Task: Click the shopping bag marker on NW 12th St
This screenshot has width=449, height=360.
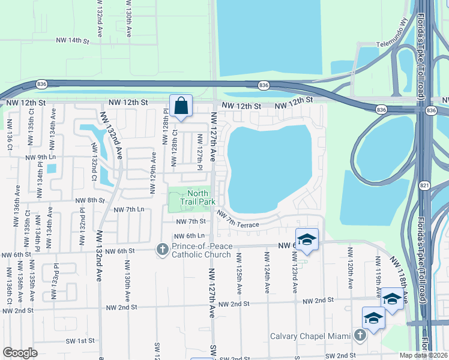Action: click(x=181, y=106)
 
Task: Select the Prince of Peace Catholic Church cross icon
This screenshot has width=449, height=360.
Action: click(x=161, y=250)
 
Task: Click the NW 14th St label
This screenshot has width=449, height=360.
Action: click(x=71, y=41)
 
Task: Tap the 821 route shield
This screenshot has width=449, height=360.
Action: click(x=424, y=187)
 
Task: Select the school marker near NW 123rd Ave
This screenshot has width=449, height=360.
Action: click(x=307, y=239)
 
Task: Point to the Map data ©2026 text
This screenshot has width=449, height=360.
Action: click(x=424, y=355)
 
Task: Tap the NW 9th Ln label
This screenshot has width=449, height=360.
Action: click(x=40, y=157)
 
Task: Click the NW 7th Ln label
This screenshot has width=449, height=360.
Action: click(x=129, y=209)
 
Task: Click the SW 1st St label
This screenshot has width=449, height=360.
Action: click(x=81, y=340)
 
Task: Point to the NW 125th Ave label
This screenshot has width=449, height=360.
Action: click(x=240, y=274)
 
